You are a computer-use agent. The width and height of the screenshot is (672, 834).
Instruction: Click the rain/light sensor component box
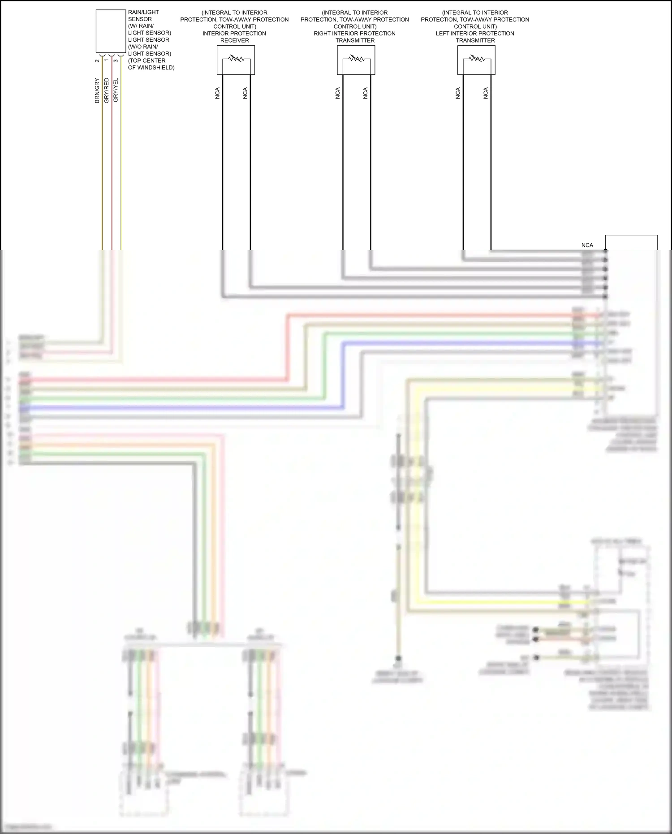pyautogui.click(x=111, y=31)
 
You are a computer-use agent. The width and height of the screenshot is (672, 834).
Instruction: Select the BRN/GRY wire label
pyautogui.click(x=97, y=91)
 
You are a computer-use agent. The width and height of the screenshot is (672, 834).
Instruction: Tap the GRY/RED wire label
pyautogui.click(x=106, y=91)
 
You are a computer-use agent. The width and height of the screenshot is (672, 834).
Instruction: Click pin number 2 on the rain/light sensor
pyautogui.click(x=97, y=60)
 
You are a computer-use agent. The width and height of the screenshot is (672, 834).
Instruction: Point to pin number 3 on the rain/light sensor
pyautogui.click(x=116, y=60)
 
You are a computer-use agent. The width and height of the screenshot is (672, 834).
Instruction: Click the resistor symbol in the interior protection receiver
pyautogui.click(x=236, y=59)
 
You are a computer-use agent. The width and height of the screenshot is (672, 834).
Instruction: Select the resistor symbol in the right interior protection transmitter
pyautogui.click(x=356, y=59)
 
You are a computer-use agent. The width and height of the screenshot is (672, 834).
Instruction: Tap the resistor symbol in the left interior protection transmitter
pyautogui.click(x=476, y=59)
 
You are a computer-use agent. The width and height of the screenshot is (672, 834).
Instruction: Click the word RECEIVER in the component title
pyautogui.click(x=234, y=40)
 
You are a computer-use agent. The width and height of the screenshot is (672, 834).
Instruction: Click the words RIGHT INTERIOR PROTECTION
pyautogui.click(x=354, y=34)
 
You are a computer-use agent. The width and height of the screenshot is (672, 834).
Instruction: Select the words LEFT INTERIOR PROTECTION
pyautogui.click(x=475, y=34)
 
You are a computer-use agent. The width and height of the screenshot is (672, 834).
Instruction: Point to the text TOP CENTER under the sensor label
pyautogui.click(x=147, y=60)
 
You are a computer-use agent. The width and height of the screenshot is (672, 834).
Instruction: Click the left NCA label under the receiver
pyautogui.click(x=218, y=93)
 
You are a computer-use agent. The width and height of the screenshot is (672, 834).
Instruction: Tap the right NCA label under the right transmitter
pyautogui.click(x=366, y=93)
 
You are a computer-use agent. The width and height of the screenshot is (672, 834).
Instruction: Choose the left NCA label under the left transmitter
pyautogui.click(x=458, y=93)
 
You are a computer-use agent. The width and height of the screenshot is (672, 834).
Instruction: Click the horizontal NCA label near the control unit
pyautogui.click(x=587, y=245)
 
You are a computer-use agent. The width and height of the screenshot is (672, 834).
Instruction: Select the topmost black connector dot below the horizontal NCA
pyautogui.click(x=606, y=251)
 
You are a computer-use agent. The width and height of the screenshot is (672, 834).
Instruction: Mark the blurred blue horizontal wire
pyautogui.click(x=179, y=408)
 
